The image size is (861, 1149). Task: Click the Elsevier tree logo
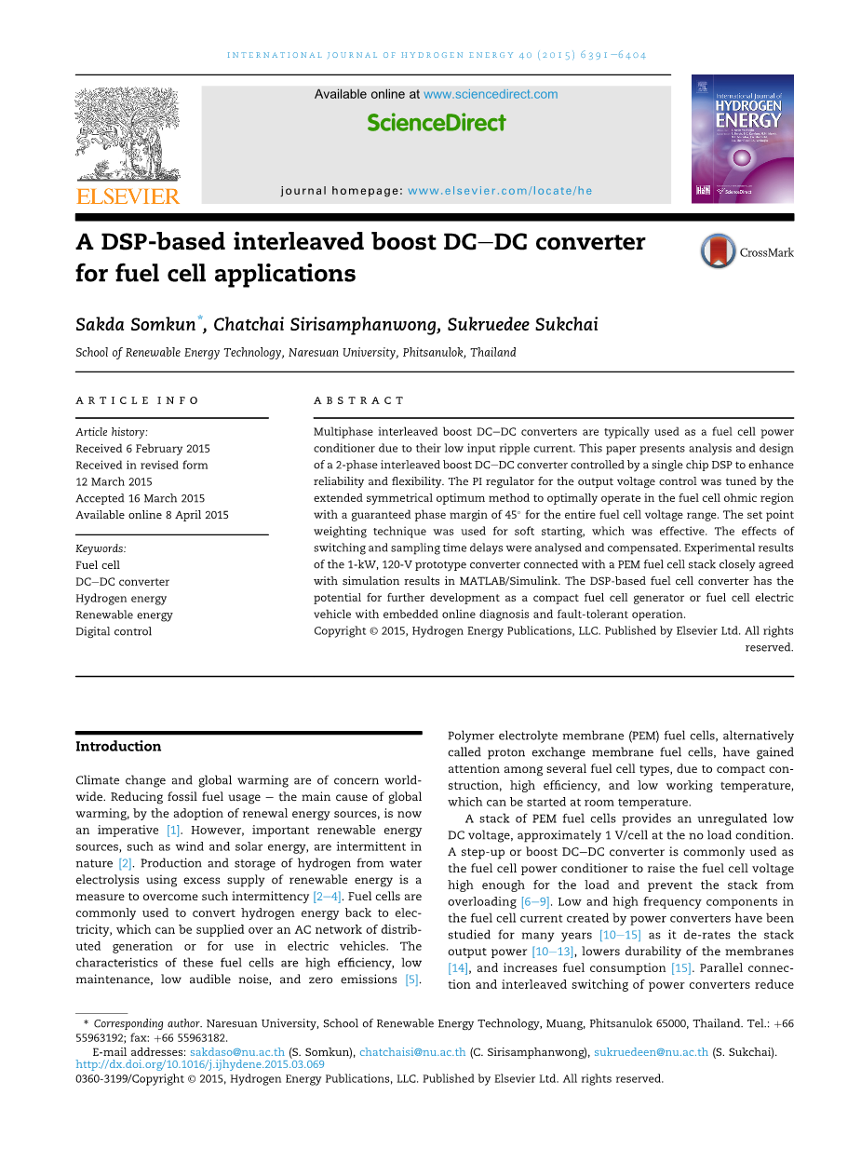128,135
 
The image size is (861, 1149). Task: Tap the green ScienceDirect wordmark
437,123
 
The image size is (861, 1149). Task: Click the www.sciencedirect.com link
491,94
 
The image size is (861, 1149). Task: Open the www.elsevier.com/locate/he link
500,191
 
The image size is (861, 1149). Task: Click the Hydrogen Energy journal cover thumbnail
742,139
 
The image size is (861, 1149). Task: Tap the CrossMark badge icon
718,251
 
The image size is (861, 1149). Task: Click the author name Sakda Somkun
136,325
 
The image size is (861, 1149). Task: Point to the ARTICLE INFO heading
138,400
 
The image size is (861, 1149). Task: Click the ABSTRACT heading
359,400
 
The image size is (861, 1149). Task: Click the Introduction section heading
118,746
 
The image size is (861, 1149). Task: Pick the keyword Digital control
114,631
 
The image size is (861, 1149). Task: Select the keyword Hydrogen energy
121,598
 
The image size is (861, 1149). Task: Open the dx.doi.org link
200,1064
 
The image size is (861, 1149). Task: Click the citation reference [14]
458,968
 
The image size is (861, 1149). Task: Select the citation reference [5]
412,979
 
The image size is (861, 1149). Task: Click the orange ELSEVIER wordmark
128,196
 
